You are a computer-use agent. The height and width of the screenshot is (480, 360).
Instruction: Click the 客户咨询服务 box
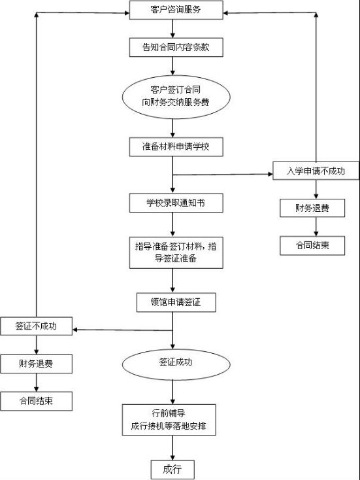[x=176, y=10]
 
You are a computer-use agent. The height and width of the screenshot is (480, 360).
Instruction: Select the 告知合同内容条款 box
[x=176, y=47]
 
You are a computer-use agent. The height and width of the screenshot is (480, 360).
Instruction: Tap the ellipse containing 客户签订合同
[x=176, y=97]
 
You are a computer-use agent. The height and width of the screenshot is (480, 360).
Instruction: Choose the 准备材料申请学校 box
[x=176, y=147]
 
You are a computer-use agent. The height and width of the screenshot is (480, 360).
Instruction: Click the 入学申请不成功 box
[x=316, y=171]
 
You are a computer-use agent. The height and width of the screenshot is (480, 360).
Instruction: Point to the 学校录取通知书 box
[x=176, y=203]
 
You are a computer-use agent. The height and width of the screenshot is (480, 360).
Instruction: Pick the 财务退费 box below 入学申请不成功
[x=312, y=208]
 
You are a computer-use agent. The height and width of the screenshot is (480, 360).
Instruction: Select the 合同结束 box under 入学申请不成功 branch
[x=312, y=245]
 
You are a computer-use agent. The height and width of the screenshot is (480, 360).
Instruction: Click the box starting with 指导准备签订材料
[x=176, y=252]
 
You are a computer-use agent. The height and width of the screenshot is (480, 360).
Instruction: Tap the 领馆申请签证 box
[x=176, y=302]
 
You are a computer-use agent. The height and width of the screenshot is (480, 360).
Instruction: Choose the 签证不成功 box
[x=37, y=326]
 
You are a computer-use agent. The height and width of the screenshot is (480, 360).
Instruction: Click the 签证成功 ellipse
[x=176, y=364]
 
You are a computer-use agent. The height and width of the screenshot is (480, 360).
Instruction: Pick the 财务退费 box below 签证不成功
[x=37, y=364]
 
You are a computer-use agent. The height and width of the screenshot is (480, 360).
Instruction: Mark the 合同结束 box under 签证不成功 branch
[x=37, y=401]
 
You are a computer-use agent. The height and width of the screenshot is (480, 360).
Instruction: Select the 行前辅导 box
[x=169, y=420]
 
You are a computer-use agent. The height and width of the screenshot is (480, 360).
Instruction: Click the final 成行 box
[x=172, y=470]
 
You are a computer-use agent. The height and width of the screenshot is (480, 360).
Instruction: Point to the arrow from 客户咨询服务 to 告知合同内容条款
[x=172, y=29]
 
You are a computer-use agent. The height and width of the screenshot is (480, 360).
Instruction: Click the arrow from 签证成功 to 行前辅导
[x=172, y=392]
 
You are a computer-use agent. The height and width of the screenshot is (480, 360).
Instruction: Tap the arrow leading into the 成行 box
[x=172, y=448]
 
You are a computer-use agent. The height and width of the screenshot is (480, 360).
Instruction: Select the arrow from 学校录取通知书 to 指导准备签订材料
[x=172, y=225]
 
